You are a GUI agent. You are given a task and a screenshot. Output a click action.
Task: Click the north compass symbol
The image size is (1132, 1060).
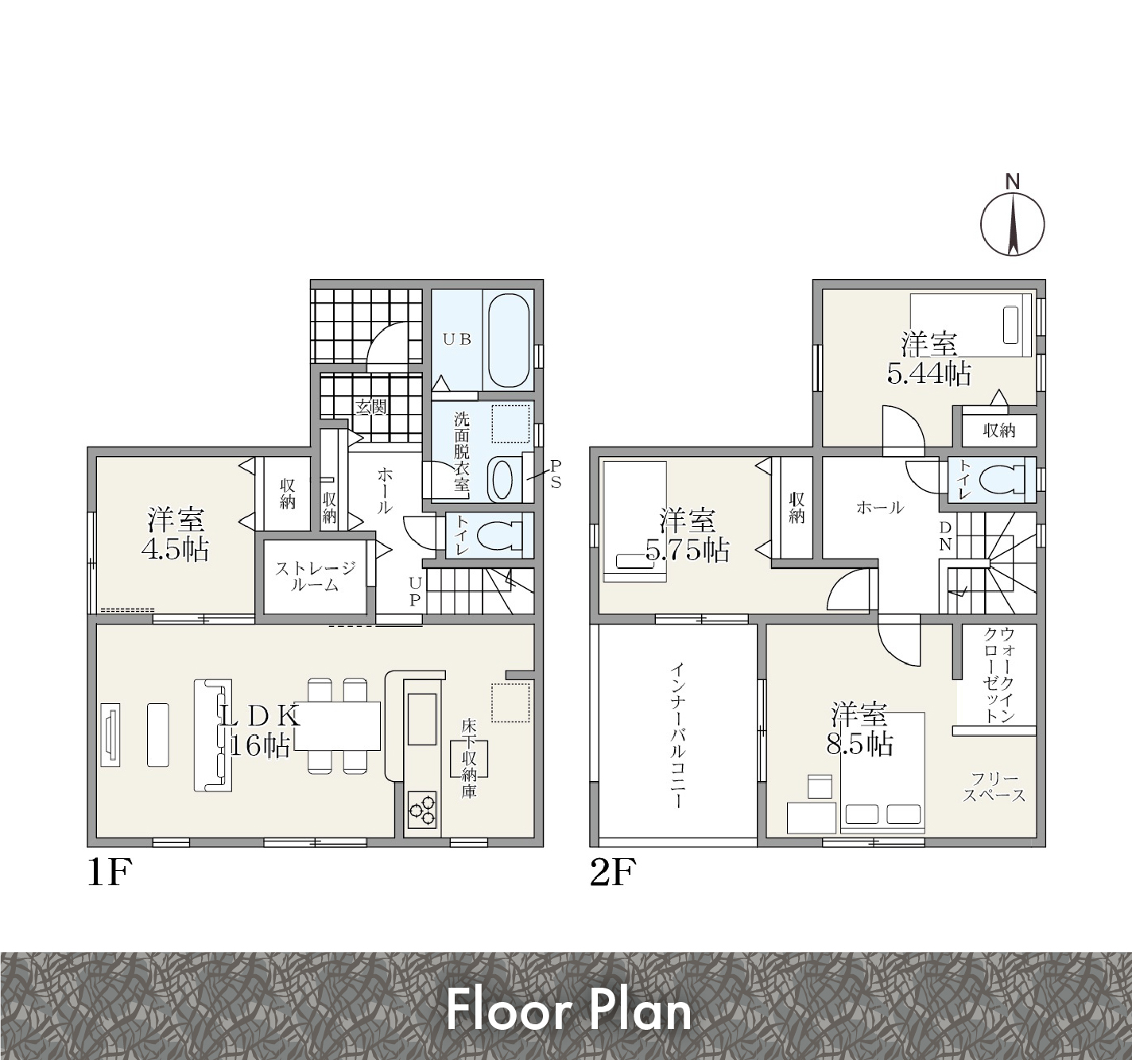point(1012,223)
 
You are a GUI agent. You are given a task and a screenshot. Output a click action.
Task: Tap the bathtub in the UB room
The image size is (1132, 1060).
point(509,341)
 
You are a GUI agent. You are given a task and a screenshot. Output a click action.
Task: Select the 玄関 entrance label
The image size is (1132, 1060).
point(371,407)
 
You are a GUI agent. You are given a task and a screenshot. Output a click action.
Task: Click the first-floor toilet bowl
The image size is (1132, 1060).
point(498,536)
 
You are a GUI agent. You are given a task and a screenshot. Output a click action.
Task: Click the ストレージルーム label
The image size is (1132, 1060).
point(316,576)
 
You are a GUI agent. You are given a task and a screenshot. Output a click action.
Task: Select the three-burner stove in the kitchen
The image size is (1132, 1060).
point(421,810)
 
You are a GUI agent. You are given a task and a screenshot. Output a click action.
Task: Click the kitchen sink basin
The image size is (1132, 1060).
point(421,718)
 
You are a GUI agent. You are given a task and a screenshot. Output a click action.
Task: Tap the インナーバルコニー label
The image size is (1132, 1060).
point(677,734)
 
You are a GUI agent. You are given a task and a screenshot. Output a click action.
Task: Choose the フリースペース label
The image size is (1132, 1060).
point(994,787)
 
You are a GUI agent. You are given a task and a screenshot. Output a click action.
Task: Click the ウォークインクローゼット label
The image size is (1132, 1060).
point(999,675)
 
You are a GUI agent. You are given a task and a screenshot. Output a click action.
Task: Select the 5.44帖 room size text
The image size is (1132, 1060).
point(928,373)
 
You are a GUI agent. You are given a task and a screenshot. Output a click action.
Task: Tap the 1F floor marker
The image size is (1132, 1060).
point(110,873)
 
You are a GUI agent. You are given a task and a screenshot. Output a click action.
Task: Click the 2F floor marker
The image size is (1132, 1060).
point(613,873)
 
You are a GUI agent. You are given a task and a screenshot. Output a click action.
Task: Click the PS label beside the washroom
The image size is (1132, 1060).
point(555,474)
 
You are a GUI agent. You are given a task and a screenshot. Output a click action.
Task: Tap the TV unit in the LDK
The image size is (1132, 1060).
point(110,734)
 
